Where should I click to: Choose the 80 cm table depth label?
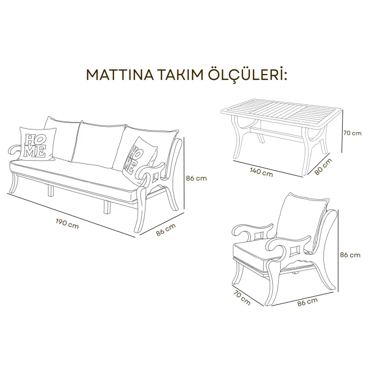[323, 166]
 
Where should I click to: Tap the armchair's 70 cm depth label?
[242, 298]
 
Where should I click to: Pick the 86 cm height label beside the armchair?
[353, 255]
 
